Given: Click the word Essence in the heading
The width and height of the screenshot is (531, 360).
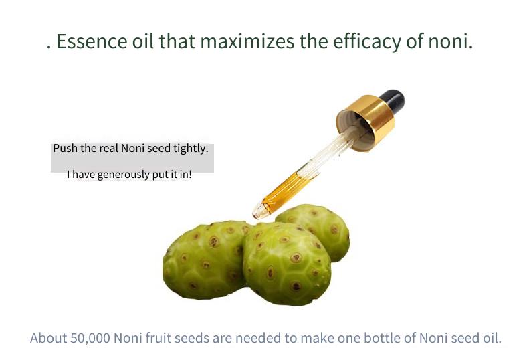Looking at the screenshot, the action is click(x=92, y=41).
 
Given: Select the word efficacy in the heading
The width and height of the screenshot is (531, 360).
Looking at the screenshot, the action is click(x=367, y=42).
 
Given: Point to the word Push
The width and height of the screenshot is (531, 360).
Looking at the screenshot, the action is click(x=66, y=148).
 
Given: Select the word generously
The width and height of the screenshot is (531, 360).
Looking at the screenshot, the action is click(x=123, y=175).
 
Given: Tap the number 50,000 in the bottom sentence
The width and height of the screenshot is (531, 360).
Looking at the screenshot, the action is click(x=90, y=338).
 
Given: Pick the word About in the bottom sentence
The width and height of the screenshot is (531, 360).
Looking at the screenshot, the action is click(x=49, y=338).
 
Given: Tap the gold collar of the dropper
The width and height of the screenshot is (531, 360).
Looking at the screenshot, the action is click(x=366, y=122).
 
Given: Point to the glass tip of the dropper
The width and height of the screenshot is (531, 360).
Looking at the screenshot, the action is click(x=258, y=211).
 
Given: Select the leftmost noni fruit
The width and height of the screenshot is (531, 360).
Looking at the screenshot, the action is click(x=205, y=260).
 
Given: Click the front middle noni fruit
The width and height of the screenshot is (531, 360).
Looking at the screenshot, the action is click(x=287, y=264).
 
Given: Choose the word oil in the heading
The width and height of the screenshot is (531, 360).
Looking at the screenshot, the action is click(x=143, y=41).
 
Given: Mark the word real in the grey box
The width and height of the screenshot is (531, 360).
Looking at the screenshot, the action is click(x=108, y=148).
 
